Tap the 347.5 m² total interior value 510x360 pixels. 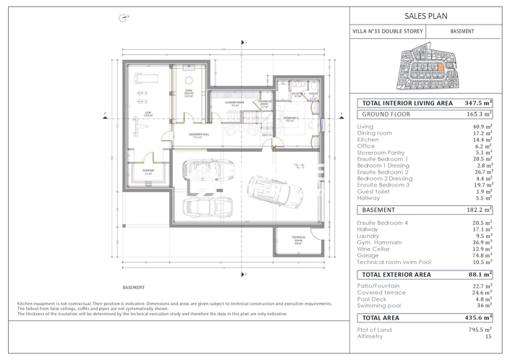(478, 103)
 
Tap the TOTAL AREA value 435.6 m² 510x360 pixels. (478, 317)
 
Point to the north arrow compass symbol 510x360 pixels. (122, 17)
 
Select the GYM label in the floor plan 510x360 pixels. (147, 113)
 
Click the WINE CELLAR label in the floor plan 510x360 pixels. (187, 94)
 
